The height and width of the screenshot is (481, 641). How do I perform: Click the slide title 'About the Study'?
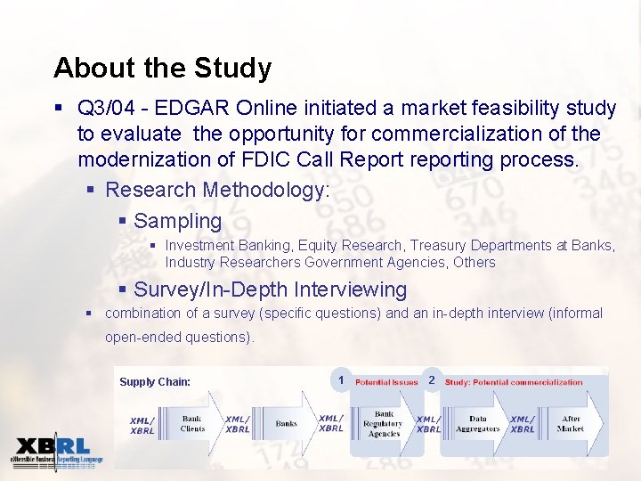[162, 68]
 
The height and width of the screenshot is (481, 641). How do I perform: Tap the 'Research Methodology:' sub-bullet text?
[217, 190]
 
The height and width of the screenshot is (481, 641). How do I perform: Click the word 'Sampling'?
[177, 221]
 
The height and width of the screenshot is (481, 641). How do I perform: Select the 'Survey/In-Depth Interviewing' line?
[270, 289]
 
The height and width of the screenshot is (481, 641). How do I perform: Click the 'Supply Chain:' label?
[155, 382]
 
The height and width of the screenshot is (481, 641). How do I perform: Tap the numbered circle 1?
[341, 380]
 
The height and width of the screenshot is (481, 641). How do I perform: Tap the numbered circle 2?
[431, 380]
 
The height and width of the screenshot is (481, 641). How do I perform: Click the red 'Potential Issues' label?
[386, 382]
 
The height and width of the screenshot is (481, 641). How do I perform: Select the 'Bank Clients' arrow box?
[192, 423]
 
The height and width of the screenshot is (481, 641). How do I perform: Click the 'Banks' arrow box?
[286, 424]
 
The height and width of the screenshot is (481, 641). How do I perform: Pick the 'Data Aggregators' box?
[478, 423]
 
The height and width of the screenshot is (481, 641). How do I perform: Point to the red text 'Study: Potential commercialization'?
[514, 382]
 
